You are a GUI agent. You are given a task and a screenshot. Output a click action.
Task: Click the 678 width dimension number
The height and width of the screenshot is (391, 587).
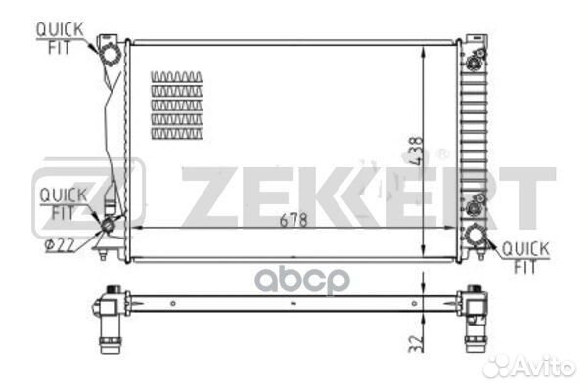point(293,221)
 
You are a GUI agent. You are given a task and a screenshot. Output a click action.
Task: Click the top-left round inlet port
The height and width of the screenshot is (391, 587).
point(111,50)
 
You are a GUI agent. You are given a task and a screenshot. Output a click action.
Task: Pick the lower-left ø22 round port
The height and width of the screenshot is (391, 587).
point(108,226)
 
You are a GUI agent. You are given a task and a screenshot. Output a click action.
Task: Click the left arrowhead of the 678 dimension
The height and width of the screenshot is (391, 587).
point(134,227)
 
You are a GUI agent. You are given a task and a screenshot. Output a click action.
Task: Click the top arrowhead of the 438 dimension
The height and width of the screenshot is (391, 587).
point(422,46)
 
